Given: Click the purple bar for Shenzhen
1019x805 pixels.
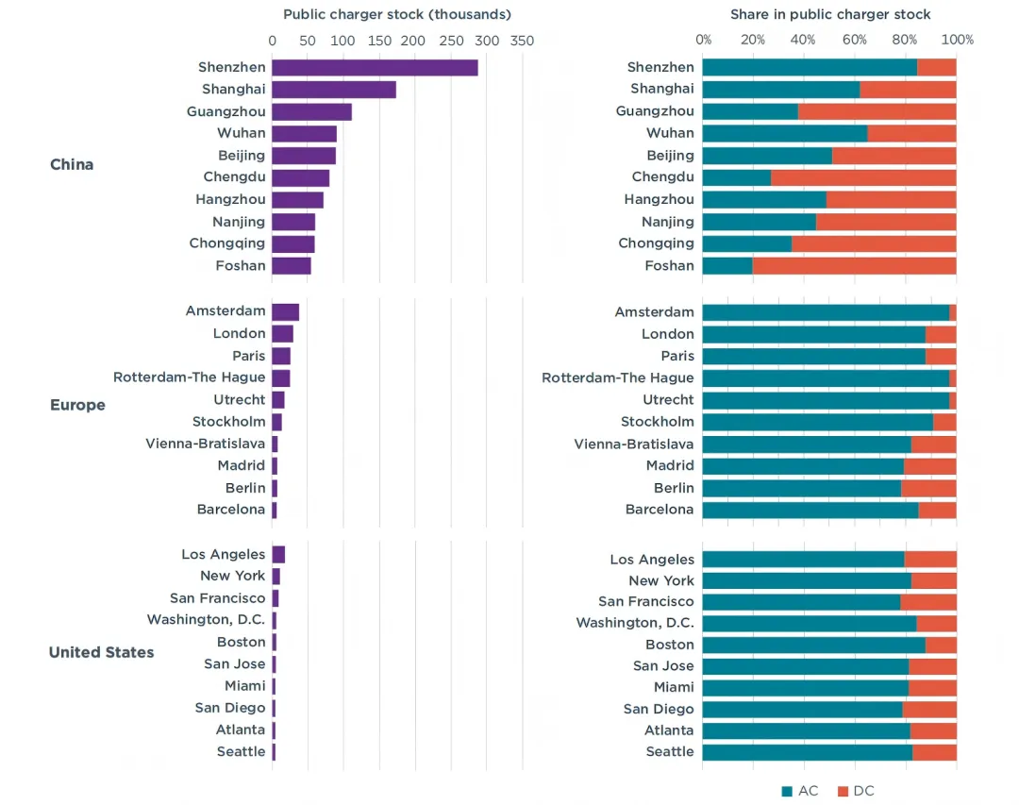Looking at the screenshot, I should pyautogui.click(x=375, y=68).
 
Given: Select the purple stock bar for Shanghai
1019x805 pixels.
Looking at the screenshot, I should pyautogui.click(x=333, y=90).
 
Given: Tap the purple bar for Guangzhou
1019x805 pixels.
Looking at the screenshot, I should pyautogui.click(x=311, y=111).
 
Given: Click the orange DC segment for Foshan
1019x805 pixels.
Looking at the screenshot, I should pyautogui.click(x=854, y=265).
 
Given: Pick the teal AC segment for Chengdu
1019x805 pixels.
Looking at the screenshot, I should pyautogui.click(x=736, y=177).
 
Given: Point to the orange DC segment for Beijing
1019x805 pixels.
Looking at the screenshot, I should pyautogui.click(x=894, y=155).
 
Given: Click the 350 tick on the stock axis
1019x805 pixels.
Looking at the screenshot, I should pyautogui.click(x=521, y=41).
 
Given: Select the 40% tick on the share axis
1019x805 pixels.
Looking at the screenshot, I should pyautogui.click(x=804, y=40).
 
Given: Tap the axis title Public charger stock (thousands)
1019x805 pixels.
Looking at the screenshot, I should pyautogui.click(x=396, y=14).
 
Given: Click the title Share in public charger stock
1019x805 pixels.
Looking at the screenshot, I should pyautogui.click(x=830, y=14).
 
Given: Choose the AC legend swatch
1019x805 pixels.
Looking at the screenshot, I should pyautogui.click(x=787, y=791).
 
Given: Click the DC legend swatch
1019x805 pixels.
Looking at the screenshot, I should pyautogui.click(x=843, y=791).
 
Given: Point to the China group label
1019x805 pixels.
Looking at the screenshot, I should pyautogui.click(x=72, y=164).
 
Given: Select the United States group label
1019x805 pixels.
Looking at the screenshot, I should pyautogui.click(x=101, y=652).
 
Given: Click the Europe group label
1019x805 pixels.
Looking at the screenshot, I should pyautogui.click(x=77, y=405).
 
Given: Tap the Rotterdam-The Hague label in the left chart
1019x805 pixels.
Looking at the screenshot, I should pyautogui.click(x=189, y=377).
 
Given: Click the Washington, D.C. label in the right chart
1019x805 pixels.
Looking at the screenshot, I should pyautogui.click(x=635, y=623).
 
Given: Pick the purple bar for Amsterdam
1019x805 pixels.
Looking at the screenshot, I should pyautogui.click(x=285, y=312).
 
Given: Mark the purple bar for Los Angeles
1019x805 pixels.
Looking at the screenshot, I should pyautogui.click(x=278, y=554).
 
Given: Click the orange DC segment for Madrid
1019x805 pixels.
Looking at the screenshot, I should pyautogui.click(x=929, y=465).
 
